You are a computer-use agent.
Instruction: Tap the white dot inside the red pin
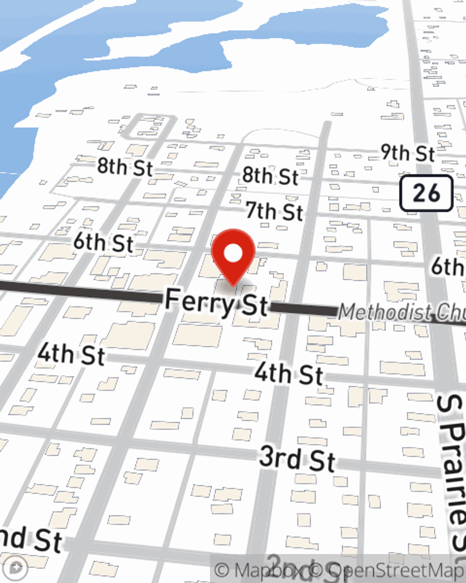tap(233, 254)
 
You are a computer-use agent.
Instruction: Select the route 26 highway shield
tap(426, 193)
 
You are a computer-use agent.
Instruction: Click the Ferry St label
tap(217, 303)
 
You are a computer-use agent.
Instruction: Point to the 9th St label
tap(407, 153)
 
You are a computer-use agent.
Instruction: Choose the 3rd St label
tap(297, 458)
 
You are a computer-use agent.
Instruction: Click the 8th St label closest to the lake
tap(124, 167)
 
